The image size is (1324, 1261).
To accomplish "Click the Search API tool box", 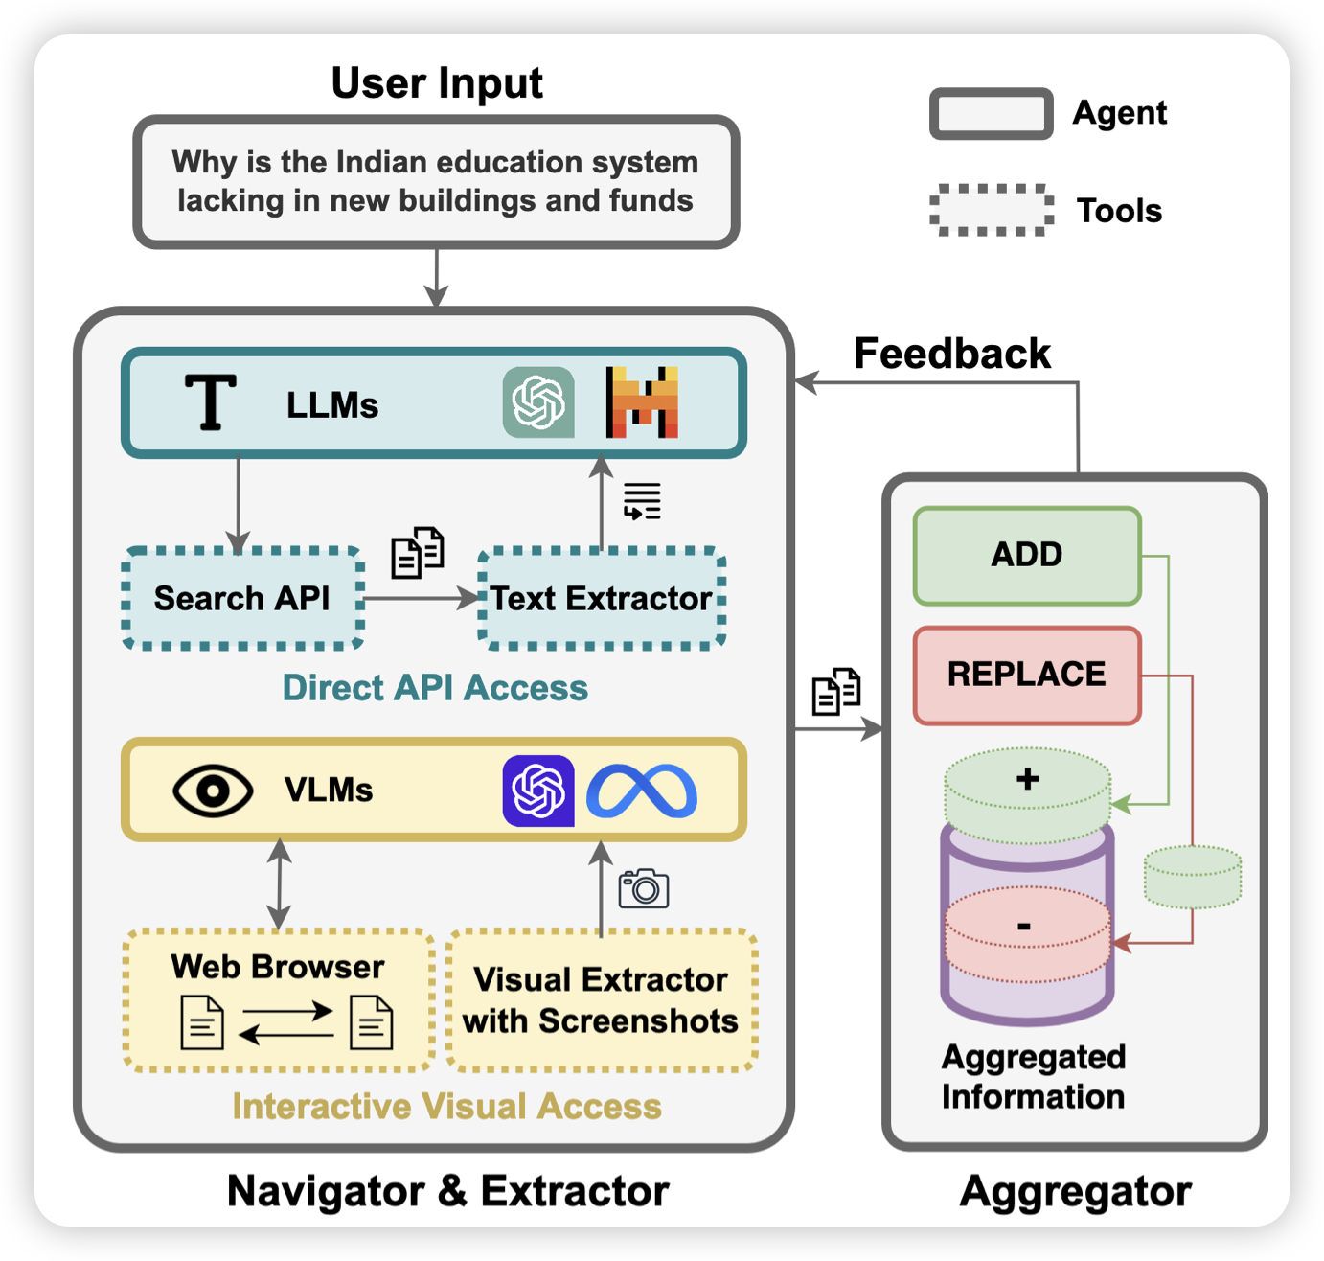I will [242, 599].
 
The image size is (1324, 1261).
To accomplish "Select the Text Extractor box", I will [602, 599].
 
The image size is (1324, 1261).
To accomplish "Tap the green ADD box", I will [1027, 555].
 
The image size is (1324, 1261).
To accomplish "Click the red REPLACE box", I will [1027, 675].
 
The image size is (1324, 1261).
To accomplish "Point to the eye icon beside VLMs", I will [213, 791].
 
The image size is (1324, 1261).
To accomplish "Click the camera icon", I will [644, 888].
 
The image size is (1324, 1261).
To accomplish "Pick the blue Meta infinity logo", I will [642, 791].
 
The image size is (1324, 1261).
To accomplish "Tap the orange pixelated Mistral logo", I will [642, 402].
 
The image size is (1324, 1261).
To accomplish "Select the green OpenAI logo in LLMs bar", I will [538, 402].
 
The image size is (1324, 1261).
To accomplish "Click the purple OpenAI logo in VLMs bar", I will [538, 791].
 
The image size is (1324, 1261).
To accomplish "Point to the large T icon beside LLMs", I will [211, 402].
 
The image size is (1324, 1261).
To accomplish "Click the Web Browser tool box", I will [279, 999].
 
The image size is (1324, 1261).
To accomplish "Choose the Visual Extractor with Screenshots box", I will [602, 999].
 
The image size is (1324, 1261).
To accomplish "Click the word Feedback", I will [951, 354].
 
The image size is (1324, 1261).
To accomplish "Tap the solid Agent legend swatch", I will [992, 114].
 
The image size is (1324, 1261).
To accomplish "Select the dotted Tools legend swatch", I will [992, 210].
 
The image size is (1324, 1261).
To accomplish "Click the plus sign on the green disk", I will [1028, 778].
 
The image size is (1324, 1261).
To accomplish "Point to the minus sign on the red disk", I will [1024, 926].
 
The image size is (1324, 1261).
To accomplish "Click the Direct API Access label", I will [435, 688].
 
